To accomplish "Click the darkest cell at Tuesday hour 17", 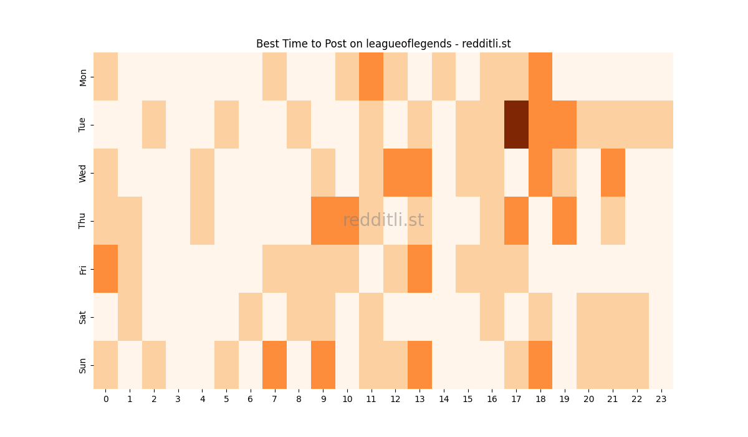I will [x=516, y=125].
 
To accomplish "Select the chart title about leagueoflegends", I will [x=383, y=44].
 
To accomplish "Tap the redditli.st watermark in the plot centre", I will [x=383, y=220].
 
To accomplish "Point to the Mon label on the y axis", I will [x=83, y=77].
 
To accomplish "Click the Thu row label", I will [x=83, y=221].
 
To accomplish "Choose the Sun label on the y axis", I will [x=83, y=365].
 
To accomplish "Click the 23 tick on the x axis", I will [x=661, y=398].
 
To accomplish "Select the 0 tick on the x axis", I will [x=105, y=398].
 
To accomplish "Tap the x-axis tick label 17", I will [x=516, y=398].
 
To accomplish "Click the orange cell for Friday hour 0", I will [x=105, y=269].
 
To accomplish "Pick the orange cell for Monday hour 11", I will [x=371, y=77].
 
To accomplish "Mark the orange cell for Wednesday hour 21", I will [x=613, y=173].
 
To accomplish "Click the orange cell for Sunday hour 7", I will [x=274, y=365].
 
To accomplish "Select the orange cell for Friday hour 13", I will [x=420, y=269].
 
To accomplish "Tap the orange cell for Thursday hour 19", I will [x=564, y=221].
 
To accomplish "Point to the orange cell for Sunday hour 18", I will [x=540, y=365].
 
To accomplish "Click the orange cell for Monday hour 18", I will [x=540, y=77].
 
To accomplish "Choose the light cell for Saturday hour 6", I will [x=250, y=317].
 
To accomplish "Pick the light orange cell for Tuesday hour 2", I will [x=153, y=125].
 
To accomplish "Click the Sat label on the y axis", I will [x=83, y=317].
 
